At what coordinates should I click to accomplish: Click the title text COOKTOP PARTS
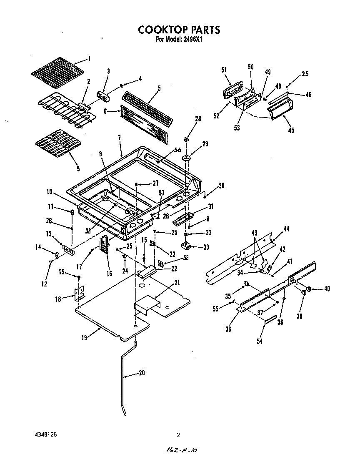pos(179,30)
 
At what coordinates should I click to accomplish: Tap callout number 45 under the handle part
pos(291,131)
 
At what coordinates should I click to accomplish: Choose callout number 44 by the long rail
pos(286,228)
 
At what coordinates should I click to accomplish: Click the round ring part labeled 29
pos(186,158)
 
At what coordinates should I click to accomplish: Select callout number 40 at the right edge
pos(327,289)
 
